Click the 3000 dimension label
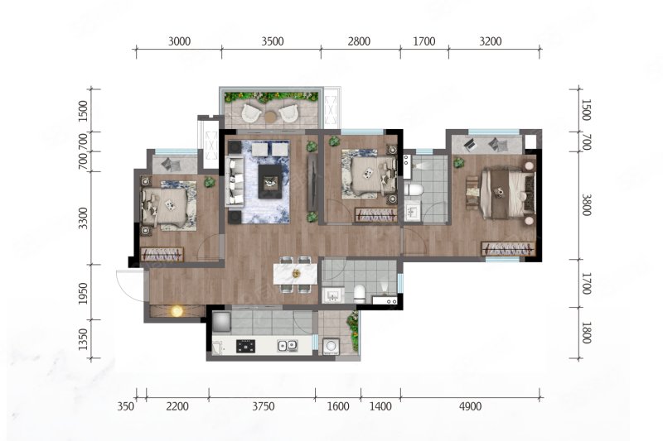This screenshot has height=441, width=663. pyautogui.click(x=179, y=41)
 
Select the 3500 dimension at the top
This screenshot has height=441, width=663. pyautogui.click(x=273, y=41)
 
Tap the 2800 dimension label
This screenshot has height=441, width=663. pyautogui.click(x=359, y=41)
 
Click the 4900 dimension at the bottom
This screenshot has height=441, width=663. pyautogui.click(x=470, y=406)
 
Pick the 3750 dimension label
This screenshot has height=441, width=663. pyautogui.click(x=264, y=406)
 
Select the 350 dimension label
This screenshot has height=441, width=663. pyautogui.click(x=126, y=406)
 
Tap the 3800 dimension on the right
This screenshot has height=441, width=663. pyautogui.click(x=586, y=205)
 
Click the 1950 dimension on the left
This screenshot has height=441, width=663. pyautogui.click(x=84, y=294)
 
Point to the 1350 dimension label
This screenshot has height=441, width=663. pyautogui.click(x=84, y=340)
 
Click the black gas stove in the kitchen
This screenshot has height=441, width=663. pyautogui.click(x=245, y=346)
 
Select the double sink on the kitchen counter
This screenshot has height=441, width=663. pyautogui.click(x=288, y=346)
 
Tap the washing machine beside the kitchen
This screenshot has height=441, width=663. pyautogui.click(x=330, y=347)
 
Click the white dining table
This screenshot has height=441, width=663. pyautogui.click(x=296, y=274)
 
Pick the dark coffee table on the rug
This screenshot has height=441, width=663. pyautogui.click(x=270, y=181)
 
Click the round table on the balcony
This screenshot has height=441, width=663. pyautogui.click(x=270, y=116)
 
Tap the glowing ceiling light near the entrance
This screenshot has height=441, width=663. pyautogui.click(x=177, y=311)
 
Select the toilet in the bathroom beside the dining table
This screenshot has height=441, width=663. pyautogui.click(x=360, y=294)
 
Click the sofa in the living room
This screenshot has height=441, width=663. pyautogui.click(x=235, y=181)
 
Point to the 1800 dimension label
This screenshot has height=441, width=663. pyautogui.click(x=586, y=333)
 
